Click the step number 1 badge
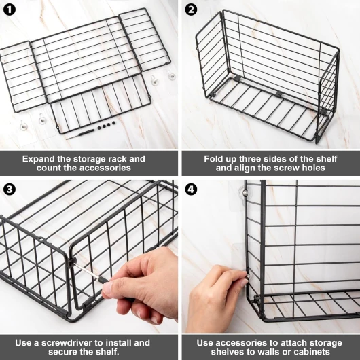tap(10, 10)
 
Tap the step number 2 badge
tap(191, 10)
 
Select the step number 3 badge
tap(10, 190)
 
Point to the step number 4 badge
tap(191, 190)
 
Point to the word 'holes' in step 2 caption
tap(313, 168)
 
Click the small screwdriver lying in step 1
tap(80, 134)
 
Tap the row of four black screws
tap(107, 126)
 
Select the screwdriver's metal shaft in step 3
tap(87, 272)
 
